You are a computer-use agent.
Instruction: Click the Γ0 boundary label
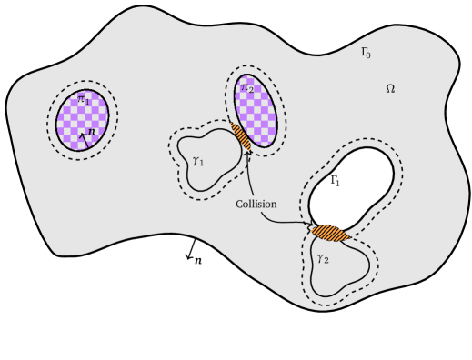coord(365,54)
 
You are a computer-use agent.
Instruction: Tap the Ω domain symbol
coord(390,89)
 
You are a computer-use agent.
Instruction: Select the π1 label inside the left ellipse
coord(83,99)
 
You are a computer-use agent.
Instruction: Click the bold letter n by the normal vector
coord(92,134)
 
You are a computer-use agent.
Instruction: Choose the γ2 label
coord(322,258)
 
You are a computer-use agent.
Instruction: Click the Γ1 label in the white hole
coord(335,182)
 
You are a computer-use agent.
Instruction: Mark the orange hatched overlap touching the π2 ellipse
coord(241,135)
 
